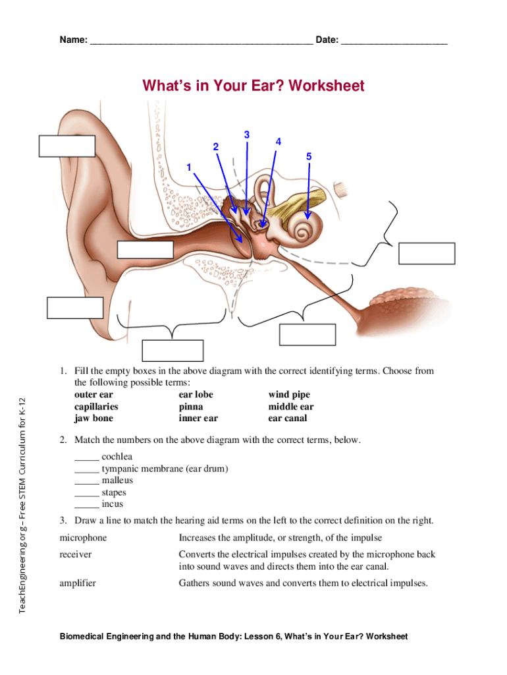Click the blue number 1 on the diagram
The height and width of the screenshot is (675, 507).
[189, 167]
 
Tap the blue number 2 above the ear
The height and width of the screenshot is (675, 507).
[215, 146]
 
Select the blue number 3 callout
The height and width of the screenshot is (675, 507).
[246, 135]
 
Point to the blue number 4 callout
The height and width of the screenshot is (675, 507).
[279, 142]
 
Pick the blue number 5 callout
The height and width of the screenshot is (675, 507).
[309, 156]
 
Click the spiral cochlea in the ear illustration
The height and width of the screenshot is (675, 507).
[305, 231]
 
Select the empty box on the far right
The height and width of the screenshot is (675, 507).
[427, 254]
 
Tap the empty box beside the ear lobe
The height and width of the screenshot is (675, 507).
[75, 308]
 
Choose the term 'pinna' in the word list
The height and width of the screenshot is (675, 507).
[191, 407]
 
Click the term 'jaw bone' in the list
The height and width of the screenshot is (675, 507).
[93, 418]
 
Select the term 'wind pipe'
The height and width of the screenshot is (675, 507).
[288, 395]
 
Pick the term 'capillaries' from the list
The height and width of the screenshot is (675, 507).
[96, 407]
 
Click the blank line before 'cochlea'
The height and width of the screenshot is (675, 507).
[86, 457]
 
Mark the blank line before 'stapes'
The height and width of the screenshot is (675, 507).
[86, 492]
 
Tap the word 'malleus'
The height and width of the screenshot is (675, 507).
[117, 481]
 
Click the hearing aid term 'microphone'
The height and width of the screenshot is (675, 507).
[83, 538]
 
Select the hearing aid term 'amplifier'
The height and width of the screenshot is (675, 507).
[78, 583]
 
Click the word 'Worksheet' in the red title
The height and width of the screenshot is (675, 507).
[326, 86]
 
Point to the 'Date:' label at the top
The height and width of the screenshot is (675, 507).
[327, 40]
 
